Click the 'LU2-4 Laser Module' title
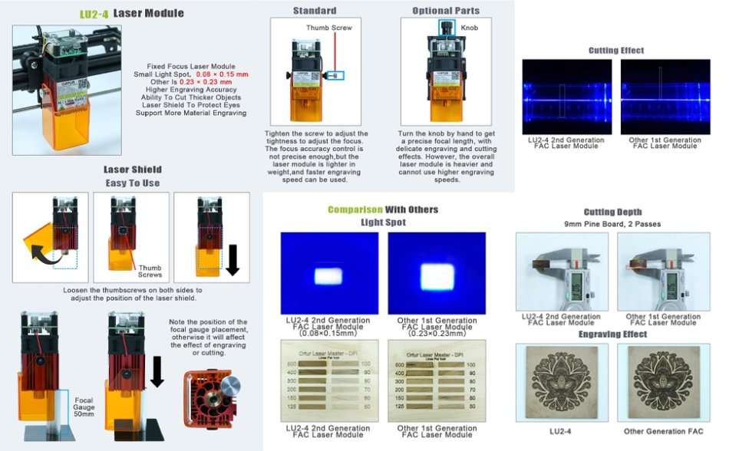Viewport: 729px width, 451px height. coord(132,13)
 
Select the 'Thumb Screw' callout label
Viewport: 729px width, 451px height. coord(328,28)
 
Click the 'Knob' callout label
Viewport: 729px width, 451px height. coord(468,27)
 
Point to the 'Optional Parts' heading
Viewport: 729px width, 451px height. coord(446,11)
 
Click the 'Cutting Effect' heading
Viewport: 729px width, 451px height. coord(616,51)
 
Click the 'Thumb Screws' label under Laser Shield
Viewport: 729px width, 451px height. coord(150,272)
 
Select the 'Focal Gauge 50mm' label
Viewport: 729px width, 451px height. coord(84,407)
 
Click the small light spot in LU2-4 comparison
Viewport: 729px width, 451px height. coord(329,275)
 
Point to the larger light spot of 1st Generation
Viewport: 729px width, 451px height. coord(437,276)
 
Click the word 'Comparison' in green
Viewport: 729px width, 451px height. coord(355,209)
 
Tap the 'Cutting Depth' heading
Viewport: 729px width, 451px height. coord(612,212)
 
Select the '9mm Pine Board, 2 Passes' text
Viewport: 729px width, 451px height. coord(612,224)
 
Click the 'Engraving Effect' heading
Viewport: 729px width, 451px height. coord(612,334)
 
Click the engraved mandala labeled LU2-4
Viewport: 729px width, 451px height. coord(561,380)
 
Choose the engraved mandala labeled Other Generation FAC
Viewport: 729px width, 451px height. coord(664,380)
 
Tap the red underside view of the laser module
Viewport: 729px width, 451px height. coord(212,400)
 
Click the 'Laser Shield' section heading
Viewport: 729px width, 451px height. coord(133,170)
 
